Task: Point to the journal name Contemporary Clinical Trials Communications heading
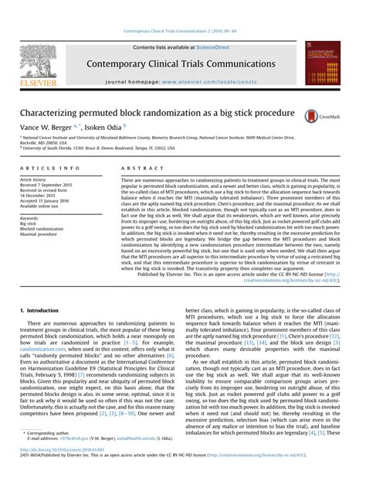[x=182, y=63]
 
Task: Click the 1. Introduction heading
[x=38, y=309]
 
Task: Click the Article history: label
[x=34, y=179]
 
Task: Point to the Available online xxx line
[x=41, y=206]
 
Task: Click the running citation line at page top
[x=182, y=32]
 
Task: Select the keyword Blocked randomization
[x=42, y=229]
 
